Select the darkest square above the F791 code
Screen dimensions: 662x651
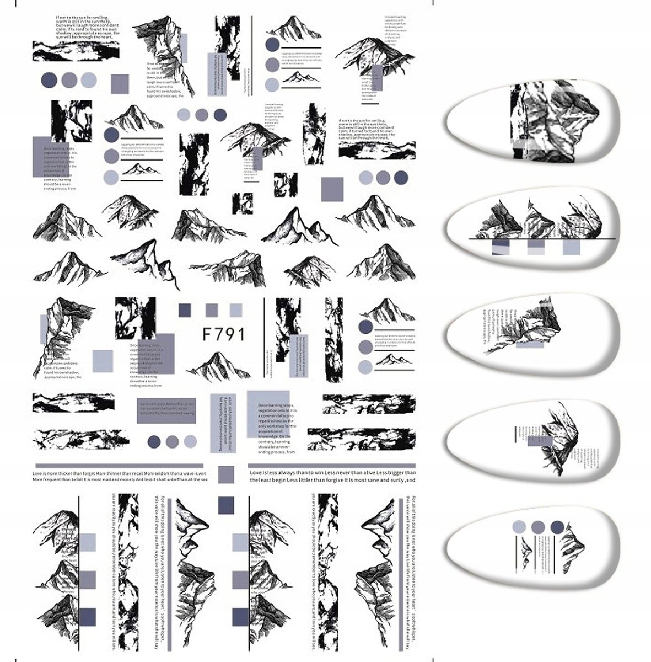click(184, 310)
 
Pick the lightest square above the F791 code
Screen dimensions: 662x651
click(236, 310)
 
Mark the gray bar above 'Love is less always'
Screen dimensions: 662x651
click(331, 465)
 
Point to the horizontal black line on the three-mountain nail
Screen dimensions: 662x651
click(540, 239)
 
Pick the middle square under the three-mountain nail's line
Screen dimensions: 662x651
click(536, 247)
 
